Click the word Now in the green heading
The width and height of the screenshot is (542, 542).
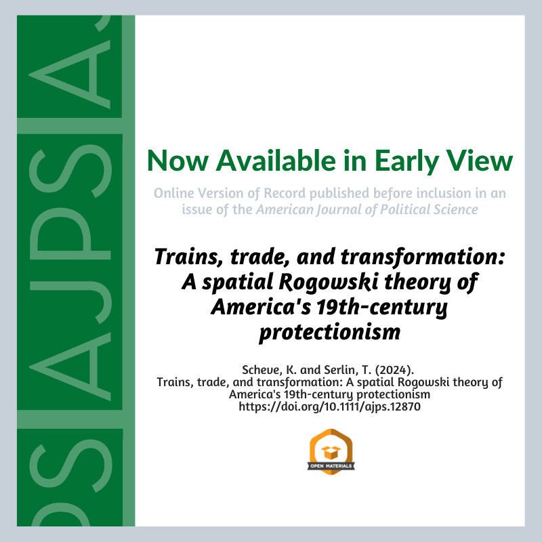(x=178, y=161)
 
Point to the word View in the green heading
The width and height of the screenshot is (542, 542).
(x=480, y=161)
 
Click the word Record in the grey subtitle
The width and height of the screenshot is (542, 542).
(x=285, y=193)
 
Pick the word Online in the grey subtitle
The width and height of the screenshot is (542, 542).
(x=174, y=193)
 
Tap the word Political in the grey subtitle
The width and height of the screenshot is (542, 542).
(x=402, y=209)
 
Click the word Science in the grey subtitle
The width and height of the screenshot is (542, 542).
(x=453, y=209)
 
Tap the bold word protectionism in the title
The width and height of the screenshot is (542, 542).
(x=330, y=332)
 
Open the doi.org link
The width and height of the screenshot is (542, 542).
(x=329, y=406)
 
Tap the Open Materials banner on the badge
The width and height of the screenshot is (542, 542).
(x=331, y=466)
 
